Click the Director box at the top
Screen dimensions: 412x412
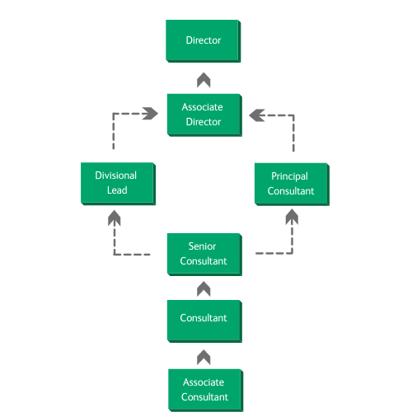(x=204, y=41)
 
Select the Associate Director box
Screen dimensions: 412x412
(x=204, y=115)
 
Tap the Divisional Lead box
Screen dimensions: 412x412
(x=118, y=184)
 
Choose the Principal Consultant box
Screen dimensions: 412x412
(x=292, y=184)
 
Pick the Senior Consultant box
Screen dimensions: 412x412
(x=204, y=255)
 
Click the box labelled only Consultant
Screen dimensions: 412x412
(x=204, y=321)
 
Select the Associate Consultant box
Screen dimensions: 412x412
(x=205, y=390)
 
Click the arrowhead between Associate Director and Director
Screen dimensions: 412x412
(x=204, y=80)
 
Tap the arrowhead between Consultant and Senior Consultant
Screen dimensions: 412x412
(x=204, y=288)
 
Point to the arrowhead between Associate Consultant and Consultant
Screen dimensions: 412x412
(x=204, y=357)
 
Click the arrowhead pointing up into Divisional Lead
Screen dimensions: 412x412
(x=115, y=218)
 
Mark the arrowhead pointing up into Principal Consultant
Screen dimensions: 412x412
(x=292, y=217)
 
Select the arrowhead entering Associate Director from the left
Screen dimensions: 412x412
(x=151, y=114)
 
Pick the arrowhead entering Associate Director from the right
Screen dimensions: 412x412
(x=257, y=115)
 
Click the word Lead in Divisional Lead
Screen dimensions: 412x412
(x=117, y=190)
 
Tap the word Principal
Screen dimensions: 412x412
(x=289, y=176)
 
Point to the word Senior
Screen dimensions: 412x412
(x=202, y=246)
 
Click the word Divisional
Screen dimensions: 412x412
(x=115, y=176)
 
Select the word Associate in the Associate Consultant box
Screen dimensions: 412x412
(x=204, y=382)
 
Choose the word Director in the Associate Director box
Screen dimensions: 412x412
(x=204, y=122)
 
